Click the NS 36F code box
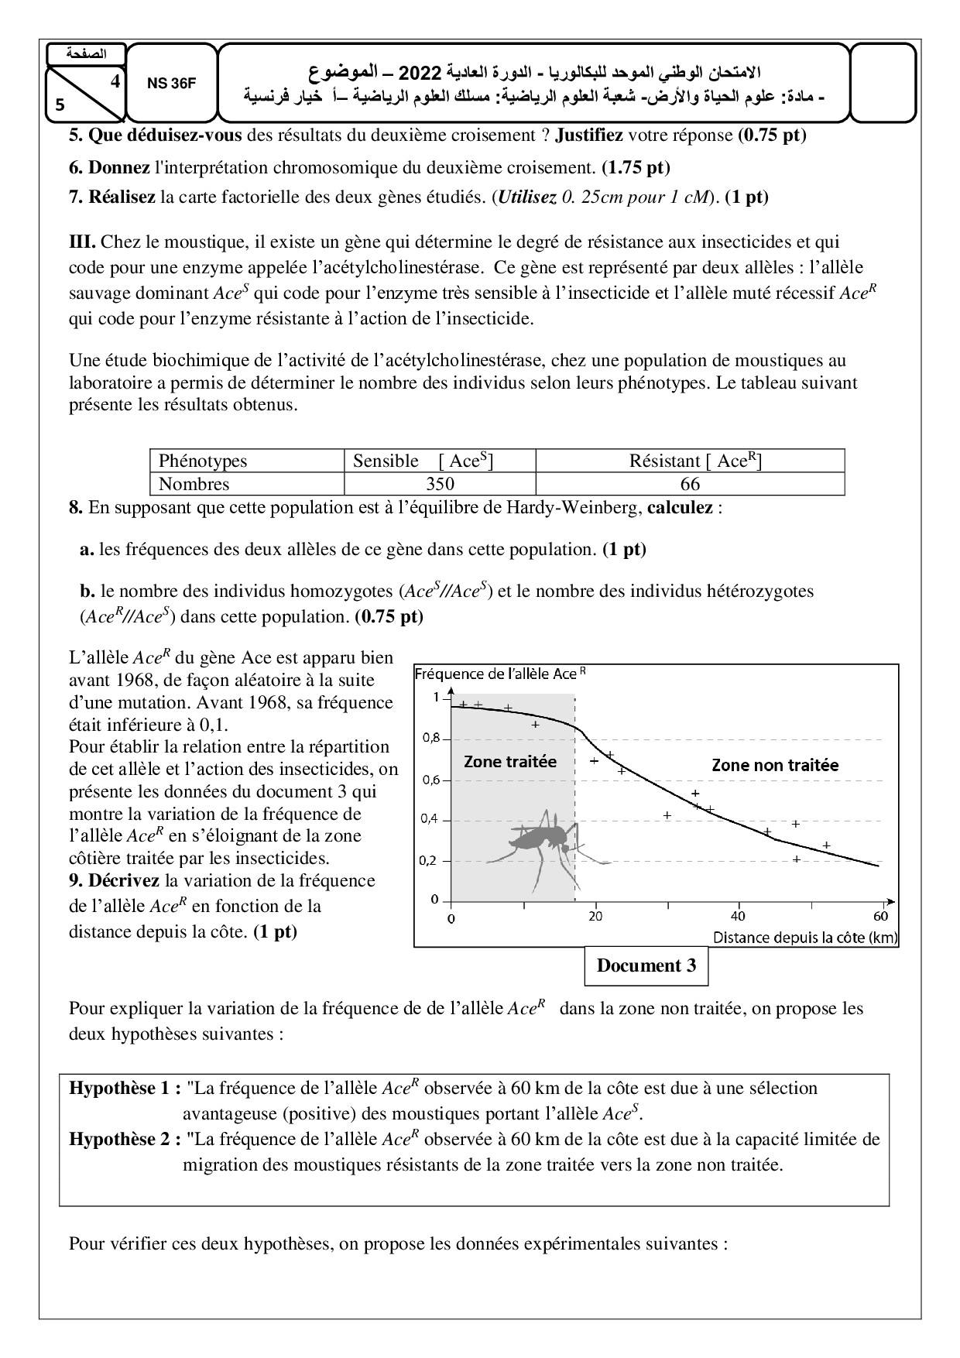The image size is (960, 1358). click(171, 84)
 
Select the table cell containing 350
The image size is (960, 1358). click(440, 485)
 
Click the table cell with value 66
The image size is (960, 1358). click(689, 485)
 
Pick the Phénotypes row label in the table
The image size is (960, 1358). click(203, 461)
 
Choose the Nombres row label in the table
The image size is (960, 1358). click(194, 485)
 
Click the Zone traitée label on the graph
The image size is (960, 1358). click(510, 761)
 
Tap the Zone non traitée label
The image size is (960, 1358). click(774, 765)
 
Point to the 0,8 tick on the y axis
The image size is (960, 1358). click(430, 739)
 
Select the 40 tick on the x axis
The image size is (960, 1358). click(738, 915)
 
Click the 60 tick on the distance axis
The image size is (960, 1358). click(880, 915)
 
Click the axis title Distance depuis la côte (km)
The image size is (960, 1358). click(805, 938)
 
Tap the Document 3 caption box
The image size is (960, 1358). click(646, 965)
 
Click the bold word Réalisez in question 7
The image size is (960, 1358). click(121, 197)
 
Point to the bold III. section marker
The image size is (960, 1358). click(82, 242)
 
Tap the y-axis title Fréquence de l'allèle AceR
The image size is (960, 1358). click(500, 674)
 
